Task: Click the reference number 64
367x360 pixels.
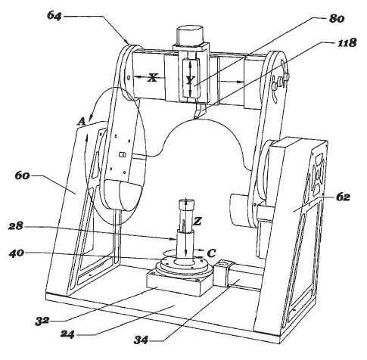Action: [54, 16]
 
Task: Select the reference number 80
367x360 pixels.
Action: [337, 18]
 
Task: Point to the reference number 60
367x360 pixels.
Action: [23, 175]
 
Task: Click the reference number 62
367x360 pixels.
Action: [343, 197]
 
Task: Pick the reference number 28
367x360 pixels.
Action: [16, 226]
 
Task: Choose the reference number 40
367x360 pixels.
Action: [17, 253]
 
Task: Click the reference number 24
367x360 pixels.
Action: [67, 334]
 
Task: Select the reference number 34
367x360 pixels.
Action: [141, 340]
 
